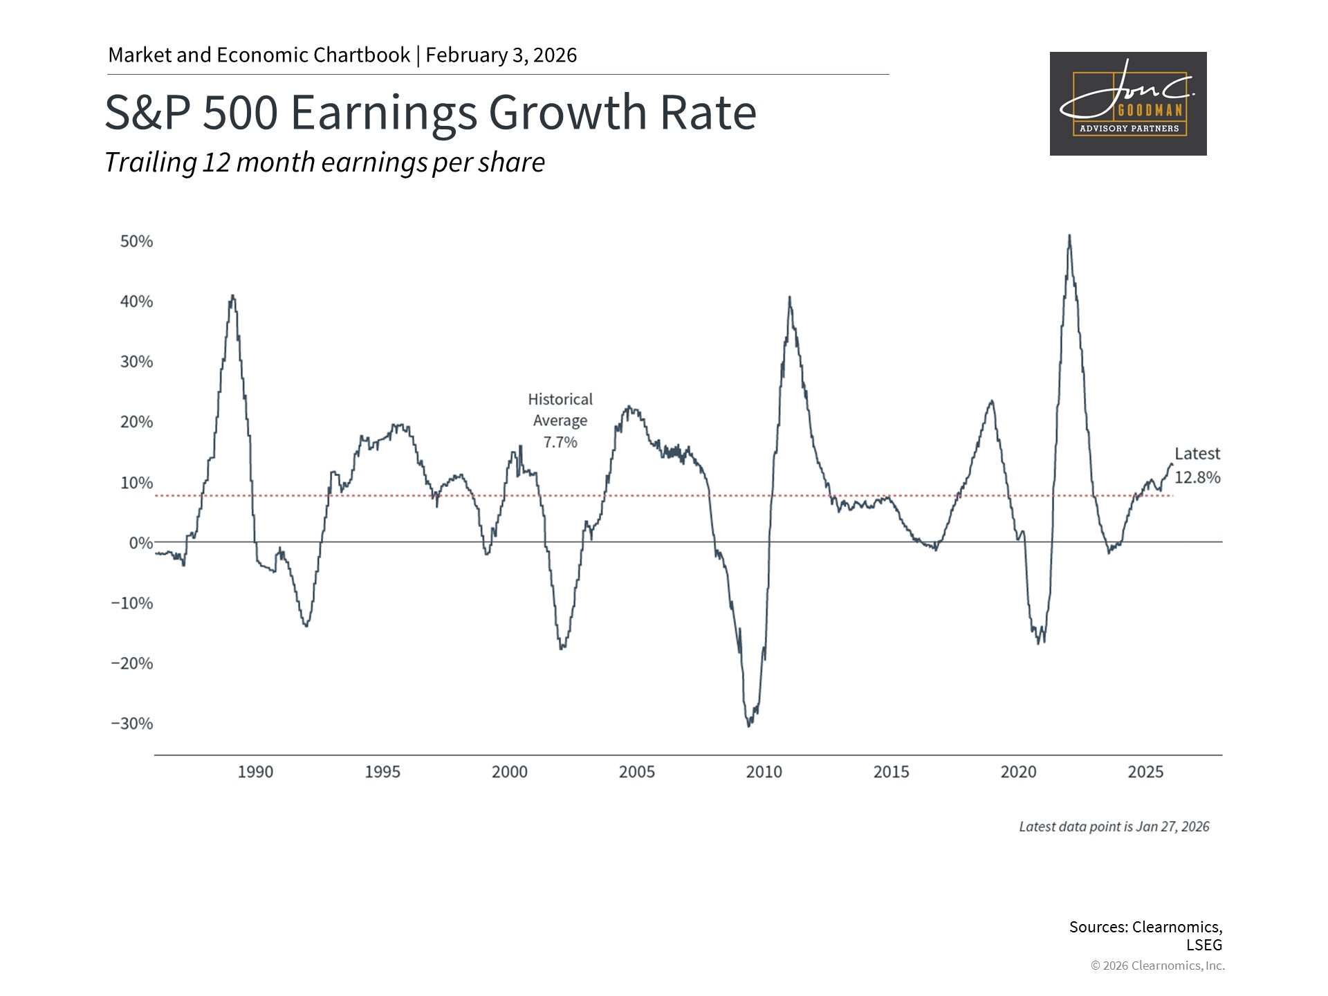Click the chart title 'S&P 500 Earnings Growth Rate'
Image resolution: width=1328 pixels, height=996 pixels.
click(430, 112)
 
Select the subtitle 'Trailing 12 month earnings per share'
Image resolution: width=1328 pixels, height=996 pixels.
click(324, 163)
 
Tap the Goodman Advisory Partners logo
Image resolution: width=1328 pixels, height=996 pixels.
click(1127, 104)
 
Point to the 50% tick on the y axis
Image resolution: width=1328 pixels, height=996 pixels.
click(136, 241)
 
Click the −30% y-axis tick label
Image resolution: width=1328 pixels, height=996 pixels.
click(132, 723)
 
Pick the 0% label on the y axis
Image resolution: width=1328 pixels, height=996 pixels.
click(140, 543)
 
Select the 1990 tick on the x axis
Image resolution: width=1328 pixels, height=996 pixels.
click(255, 772)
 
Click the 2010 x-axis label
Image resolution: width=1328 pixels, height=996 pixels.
click(764, 772)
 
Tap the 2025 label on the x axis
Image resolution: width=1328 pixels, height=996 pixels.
click(1145, 772)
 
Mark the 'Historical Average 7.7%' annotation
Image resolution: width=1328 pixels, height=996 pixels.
click(560, 421)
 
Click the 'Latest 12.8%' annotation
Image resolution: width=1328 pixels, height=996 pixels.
click(1197, 465)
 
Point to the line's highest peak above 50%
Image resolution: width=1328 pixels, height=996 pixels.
click(1069, 237)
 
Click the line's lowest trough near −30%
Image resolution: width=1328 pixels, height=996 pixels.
click(749, 725)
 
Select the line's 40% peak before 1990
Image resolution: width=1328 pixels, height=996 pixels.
click(232, 297)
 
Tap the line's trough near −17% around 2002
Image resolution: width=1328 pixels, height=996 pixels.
click(562, 647)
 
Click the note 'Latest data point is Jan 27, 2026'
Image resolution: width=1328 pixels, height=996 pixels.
click(1114, 827)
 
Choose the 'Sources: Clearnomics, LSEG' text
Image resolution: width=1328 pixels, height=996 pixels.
click(1145, 935)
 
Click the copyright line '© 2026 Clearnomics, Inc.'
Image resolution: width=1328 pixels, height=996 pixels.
click(1157, 966)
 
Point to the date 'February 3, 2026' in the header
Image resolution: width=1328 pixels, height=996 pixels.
click(501, 55)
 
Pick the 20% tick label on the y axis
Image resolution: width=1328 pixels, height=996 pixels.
click(136, 422)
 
